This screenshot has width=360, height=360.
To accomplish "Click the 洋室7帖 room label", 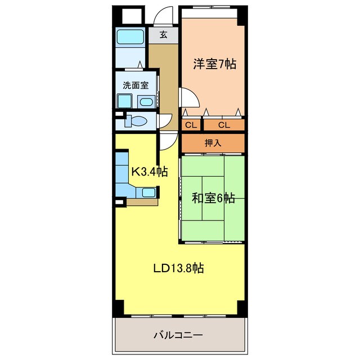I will tap(214, 64).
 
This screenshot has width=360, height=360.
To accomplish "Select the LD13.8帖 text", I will tap(178, 269).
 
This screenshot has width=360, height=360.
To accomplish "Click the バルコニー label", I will tap(178, 335).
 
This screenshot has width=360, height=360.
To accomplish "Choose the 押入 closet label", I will tap(213, 143).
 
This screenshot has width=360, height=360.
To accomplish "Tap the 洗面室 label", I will tap(136, 85).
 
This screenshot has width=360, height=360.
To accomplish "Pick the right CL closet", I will tap(224, 125).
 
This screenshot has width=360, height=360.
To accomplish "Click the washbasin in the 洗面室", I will tap(146, 102).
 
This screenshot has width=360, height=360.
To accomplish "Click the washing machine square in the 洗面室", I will tap(124, 101).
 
